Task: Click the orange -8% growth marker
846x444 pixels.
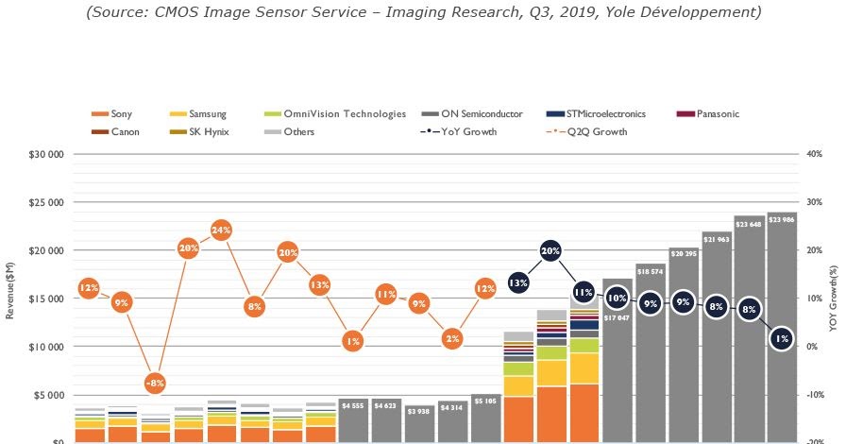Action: [155, 384]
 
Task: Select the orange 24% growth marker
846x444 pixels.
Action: [221, 230]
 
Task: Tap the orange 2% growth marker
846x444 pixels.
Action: [452, 338]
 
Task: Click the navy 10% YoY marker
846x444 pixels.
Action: [617, 299]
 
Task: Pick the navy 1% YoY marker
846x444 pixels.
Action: [781, 338]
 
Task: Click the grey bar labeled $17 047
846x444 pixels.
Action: [617, 378]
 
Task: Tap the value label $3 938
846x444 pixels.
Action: [419, 411]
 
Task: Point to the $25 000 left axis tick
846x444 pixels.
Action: [45, 202]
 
